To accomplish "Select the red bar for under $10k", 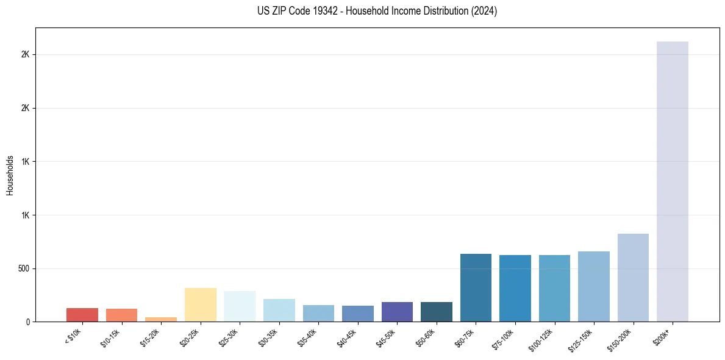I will pos(82,315).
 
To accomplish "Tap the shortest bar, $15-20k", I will pos(161,319).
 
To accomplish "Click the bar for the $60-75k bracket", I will pos(476,287).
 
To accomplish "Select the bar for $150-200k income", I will pos(633,278).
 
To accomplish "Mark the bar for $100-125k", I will pos(554,288).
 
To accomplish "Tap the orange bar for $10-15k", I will pos(121,315).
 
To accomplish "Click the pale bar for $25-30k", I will pos(240,306).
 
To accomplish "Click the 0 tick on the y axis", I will pos(28,322).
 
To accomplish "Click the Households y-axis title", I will pos(10,175).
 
